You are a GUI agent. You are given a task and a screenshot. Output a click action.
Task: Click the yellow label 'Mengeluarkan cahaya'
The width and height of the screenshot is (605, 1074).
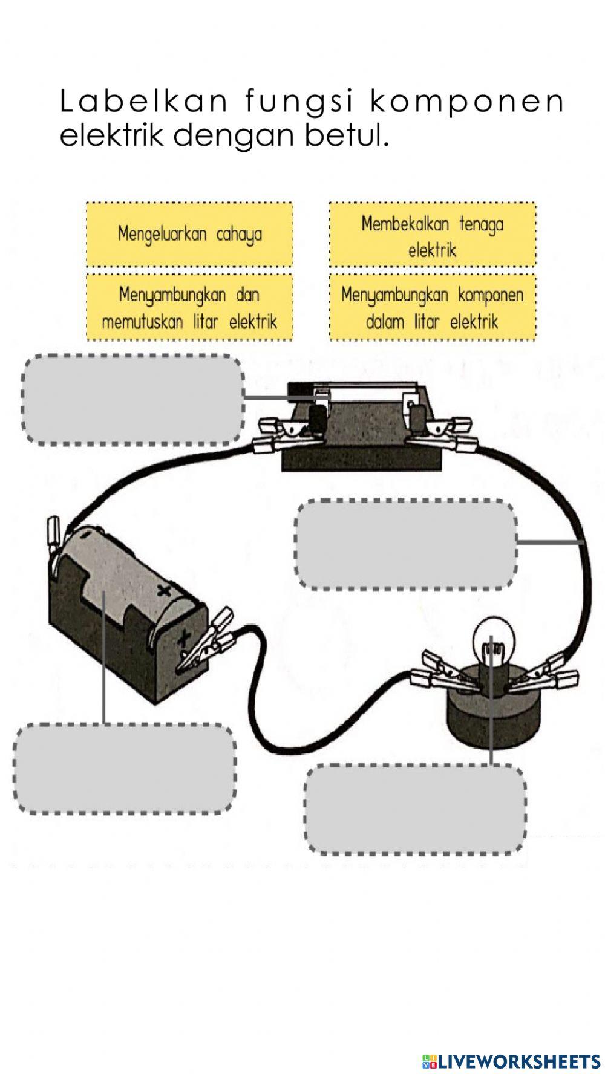[x=189, y=234]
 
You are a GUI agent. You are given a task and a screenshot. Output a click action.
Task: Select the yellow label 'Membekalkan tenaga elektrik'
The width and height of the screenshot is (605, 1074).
[x=433, y=235]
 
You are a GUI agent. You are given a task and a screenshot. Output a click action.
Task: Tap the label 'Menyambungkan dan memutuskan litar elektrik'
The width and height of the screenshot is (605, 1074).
[x=189, y=307]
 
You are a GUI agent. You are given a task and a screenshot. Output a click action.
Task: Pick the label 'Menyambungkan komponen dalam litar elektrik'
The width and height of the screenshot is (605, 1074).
[x=433, y=307]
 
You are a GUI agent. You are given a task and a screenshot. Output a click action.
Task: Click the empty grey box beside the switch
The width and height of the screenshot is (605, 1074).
[x=133, y=400]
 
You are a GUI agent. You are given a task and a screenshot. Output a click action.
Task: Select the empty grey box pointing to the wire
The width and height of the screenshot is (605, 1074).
[x=407, y=544]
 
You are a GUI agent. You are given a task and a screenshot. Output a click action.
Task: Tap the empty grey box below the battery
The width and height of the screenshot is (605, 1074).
[x=125, y=769]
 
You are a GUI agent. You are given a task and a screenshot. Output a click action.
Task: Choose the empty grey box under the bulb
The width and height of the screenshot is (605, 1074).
[x=416, y=809]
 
